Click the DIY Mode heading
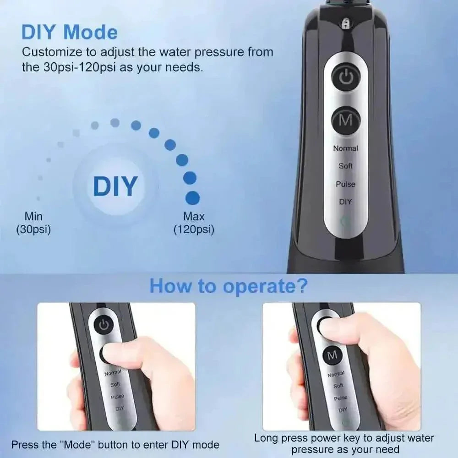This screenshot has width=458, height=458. pos(70,32)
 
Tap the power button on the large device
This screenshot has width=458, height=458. pos(346,78)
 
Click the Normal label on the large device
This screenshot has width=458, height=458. pos(346,148)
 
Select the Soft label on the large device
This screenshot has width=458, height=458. pos(346,166)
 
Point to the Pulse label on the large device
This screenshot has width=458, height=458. pos(346,184)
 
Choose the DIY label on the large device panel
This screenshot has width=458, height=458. pos(346,202)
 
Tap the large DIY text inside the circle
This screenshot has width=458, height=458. pos(115,186)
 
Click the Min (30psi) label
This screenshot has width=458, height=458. pos(33,223)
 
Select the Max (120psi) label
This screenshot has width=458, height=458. pos(194,223)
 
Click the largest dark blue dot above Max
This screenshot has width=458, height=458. pos(192,198)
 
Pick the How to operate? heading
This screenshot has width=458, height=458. pos(229,286)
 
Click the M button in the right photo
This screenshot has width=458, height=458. pos(333,355)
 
